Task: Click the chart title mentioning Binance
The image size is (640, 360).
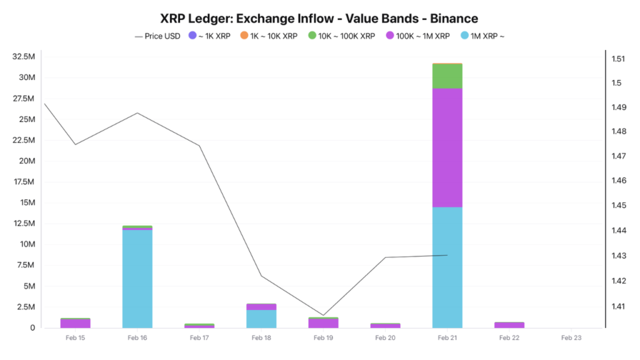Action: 319,19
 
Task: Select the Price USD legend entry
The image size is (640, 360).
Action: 158,36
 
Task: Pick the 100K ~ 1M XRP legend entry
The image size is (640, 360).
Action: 417,36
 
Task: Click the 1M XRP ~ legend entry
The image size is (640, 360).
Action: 482,36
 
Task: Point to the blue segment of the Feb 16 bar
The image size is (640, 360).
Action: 137,279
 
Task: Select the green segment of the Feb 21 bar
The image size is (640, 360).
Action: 447,76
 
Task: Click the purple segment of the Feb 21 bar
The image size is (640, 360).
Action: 447,147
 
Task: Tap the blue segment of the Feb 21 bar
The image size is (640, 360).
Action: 447,267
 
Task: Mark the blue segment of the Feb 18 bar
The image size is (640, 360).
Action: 261,319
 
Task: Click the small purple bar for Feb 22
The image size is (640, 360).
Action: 509,325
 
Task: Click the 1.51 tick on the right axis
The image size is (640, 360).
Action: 618,59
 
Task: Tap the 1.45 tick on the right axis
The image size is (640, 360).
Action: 618,206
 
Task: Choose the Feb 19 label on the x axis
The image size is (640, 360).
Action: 323,338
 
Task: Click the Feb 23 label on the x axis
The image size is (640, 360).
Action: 571,338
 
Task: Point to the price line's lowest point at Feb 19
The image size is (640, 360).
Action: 323,315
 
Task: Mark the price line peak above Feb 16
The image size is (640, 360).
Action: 137,113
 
